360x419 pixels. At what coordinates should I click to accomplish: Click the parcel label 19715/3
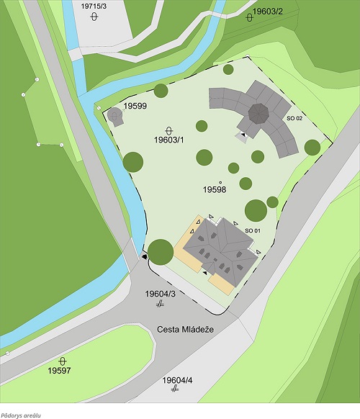pos(94,6)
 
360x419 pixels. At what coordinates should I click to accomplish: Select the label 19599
pos(135,106)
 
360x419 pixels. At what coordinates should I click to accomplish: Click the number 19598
pos(215,189)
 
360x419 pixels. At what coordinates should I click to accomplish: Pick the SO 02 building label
pos(294,117)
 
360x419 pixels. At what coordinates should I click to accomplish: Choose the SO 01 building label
pos(252,230)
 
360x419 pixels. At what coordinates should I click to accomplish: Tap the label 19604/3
pos(160,294)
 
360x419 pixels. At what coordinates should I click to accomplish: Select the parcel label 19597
pos(60,370)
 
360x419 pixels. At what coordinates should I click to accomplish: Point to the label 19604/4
pos(177,379)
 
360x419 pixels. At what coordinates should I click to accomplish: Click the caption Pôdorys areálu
pos(21,415)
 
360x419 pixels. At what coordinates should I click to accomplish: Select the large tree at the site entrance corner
pos(160,252)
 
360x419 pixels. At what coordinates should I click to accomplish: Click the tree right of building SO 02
pos(312,147)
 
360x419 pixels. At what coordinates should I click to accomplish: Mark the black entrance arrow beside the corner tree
pos(145,256)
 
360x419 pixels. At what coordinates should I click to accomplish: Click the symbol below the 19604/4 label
pos(175,389)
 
